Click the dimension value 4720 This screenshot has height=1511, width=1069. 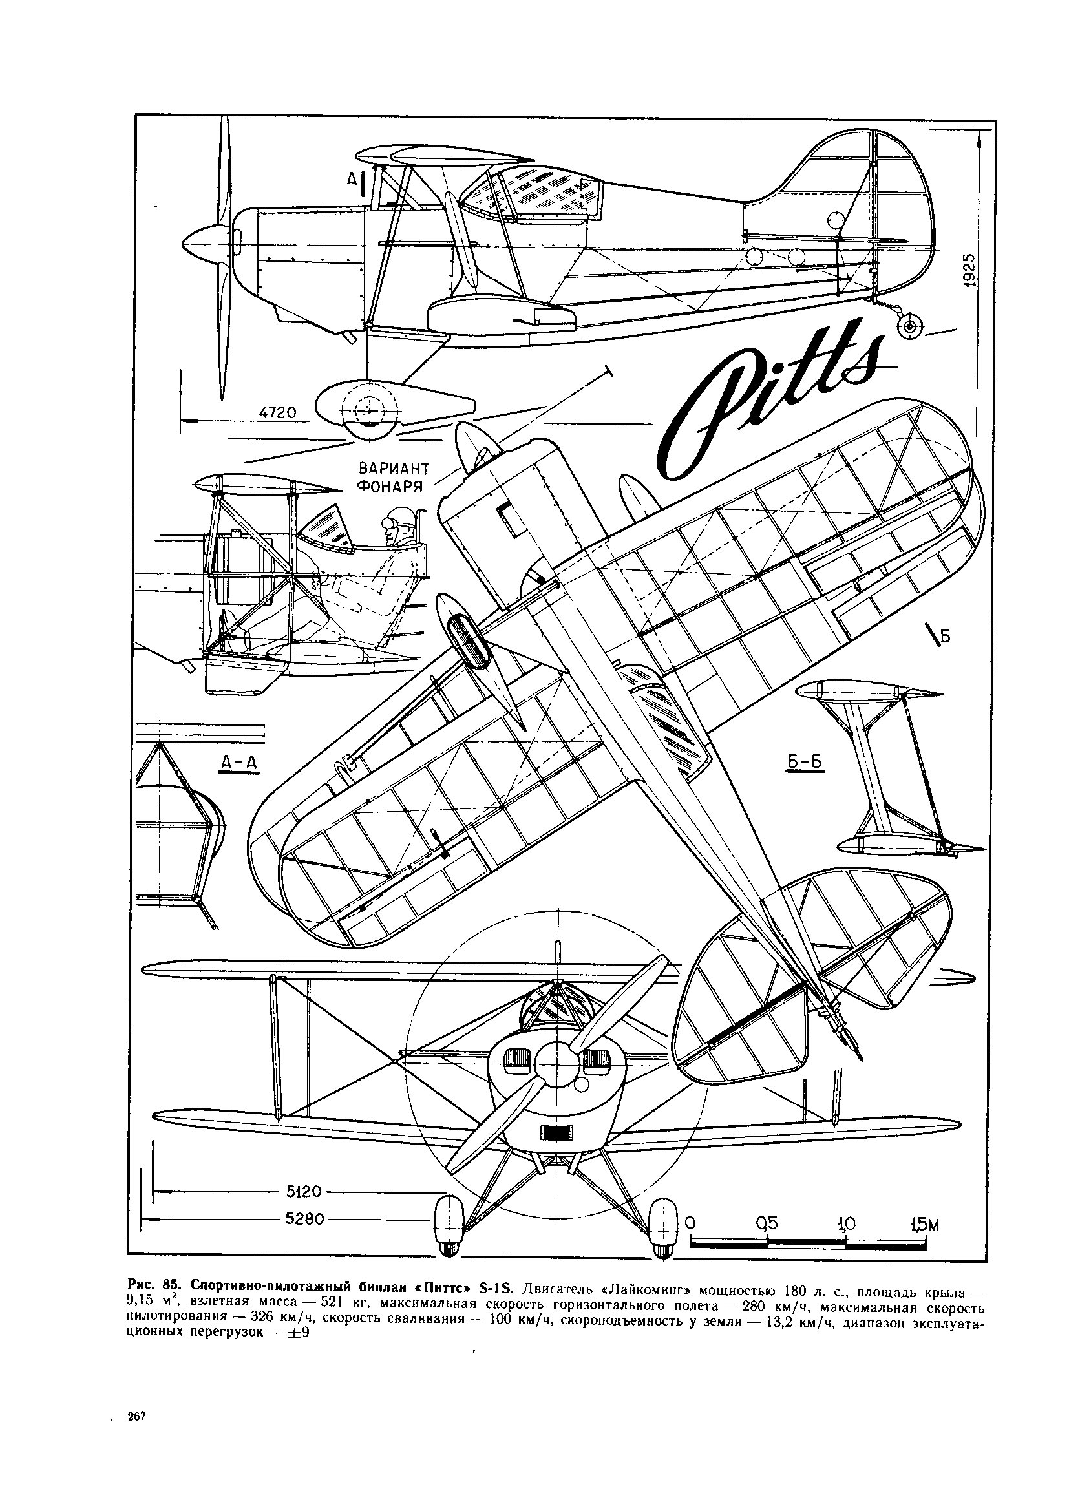coord(279,413)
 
